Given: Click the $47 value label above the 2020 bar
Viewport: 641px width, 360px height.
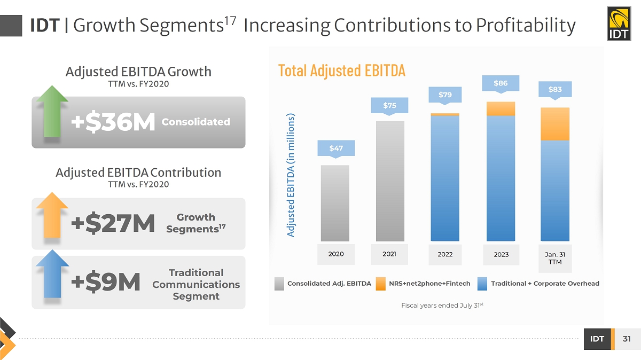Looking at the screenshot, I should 335,148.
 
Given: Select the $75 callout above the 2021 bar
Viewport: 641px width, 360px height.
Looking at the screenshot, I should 389,105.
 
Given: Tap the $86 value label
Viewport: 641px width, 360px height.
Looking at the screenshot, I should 501,83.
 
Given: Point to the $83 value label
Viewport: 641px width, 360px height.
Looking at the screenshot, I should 555,89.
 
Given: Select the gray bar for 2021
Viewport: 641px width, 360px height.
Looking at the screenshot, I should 390,181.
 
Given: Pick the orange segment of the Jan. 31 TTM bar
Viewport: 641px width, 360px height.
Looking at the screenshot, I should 555,124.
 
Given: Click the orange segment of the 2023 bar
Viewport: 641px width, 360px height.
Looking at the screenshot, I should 501,108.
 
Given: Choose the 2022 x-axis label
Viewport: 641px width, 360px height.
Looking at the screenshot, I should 445,254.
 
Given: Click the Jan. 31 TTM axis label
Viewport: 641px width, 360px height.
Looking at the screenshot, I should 555,258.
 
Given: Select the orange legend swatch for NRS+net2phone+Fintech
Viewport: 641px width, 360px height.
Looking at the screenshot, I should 380,284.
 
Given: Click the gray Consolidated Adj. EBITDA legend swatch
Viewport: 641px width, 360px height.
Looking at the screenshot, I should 279,284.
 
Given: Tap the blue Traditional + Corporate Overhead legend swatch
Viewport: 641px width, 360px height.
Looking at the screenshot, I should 482,284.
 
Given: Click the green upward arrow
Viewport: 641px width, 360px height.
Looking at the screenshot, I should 52,113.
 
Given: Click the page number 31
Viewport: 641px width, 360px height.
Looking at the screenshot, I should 627,339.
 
